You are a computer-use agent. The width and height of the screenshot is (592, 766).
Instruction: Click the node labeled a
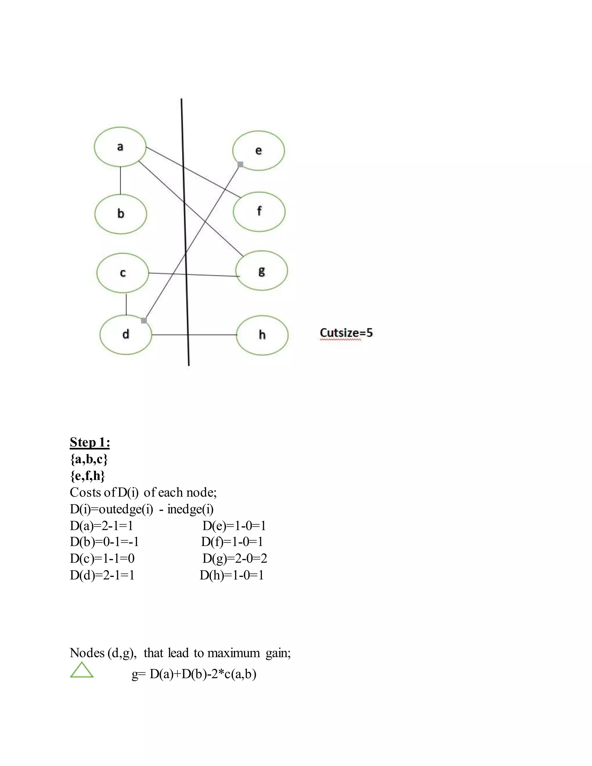point(120,147)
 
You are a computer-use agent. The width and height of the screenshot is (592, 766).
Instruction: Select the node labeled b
point(121,214)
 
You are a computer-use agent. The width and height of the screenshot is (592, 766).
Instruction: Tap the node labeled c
point(123,273)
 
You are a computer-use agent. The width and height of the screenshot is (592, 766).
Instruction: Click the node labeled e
point(258,151)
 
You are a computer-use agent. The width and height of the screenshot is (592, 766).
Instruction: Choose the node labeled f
point(259,212)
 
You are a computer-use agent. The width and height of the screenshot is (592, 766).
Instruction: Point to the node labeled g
point(262,271)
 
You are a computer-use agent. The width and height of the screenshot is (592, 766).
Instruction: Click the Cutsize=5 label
point(346,332)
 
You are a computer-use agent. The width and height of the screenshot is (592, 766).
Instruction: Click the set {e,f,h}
point(87,476)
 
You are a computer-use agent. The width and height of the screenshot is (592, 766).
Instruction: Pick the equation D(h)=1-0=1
point(232,575)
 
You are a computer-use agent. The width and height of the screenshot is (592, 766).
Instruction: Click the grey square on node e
point(240,164)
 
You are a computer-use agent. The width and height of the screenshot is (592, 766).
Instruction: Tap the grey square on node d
point(144,320)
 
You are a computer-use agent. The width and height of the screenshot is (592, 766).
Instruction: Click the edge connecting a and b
point(121,180)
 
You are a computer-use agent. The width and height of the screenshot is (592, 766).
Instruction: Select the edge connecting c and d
point(126,304)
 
